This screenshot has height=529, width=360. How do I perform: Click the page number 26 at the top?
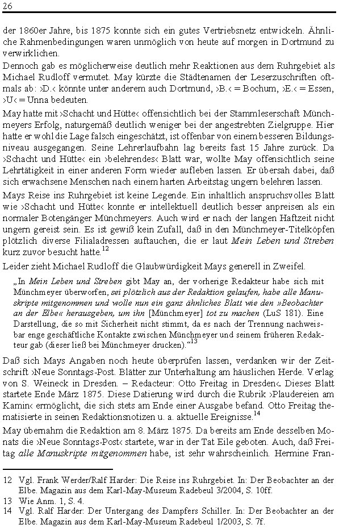pos(8,6)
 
